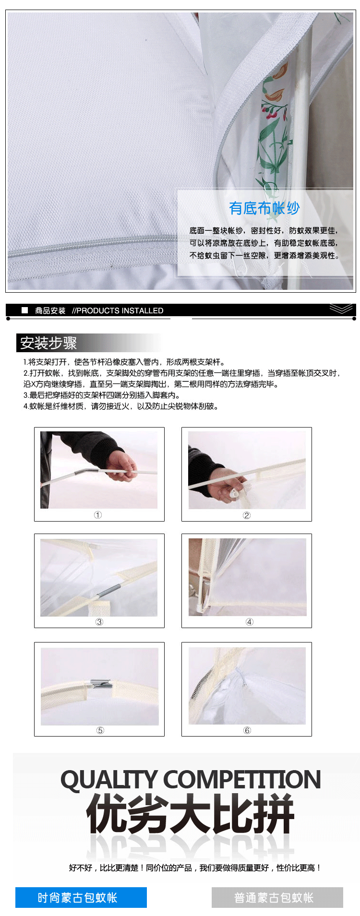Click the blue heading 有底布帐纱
tap(264, 208)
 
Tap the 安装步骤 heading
tap(48, 343)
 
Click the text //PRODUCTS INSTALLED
tap(118, 310)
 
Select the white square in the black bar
tap(25, 310)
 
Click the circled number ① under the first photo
tap(98, 515)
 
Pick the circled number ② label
tap(247, 515)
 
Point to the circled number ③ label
tap(99, 622)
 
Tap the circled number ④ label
tap(250, 622)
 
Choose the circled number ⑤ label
tap(100, 730)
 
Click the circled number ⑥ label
tap(247, 730)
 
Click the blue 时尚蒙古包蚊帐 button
tap(81, 897)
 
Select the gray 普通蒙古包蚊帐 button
tap(277, 897)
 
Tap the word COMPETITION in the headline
tap(242, 780)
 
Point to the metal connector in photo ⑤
tap(101, 683)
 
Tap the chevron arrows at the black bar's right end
tap(341, 309)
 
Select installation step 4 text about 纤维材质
tap(121, 406)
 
